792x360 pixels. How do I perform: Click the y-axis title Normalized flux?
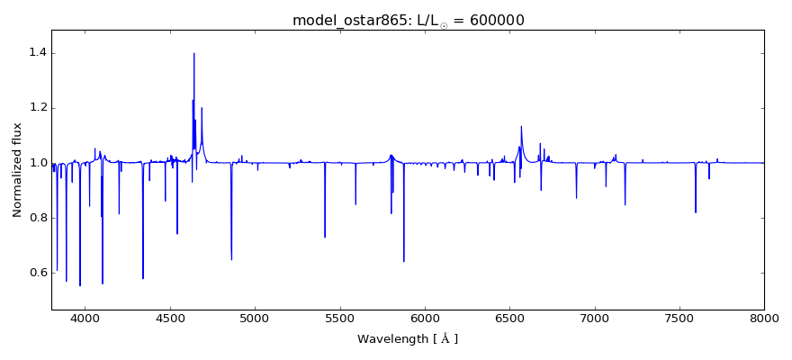click(17, 170)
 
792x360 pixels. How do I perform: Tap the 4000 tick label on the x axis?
click(85, 318)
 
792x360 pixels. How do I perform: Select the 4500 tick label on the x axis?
click(170, 318)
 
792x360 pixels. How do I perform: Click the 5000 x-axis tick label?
click(255, 318)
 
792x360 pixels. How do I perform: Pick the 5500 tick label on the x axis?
click(339, 318)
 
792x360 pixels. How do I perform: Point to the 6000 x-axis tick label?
click(425, 318)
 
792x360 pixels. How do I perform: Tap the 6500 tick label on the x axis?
click(509, 318)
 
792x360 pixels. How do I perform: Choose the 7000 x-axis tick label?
click(594, 318)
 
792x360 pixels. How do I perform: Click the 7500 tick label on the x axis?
click(679, 318)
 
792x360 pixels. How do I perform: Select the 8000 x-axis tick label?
click(764, 318)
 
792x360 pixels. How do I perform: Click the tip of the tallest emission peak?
click(193, 53)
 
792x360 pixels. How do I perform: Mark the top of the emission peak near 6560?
click(521, 127)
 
